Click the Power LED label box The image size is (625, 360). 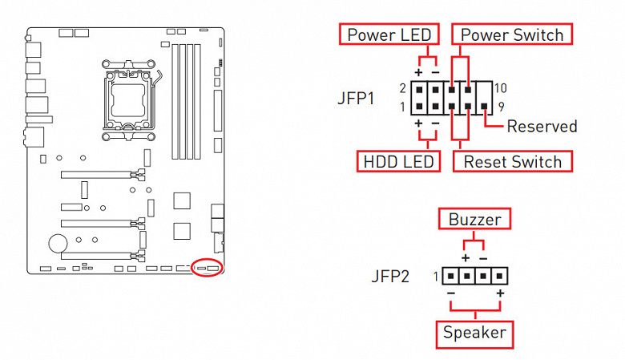pyautogui.click(x=389, y=35)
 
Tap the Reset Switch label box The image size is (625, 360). pyautogui.click(x=513, y=161)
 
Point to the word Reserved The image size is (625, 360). pyautogui.click(x=542, y=126)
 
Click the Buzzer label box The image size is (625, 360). pyautogui.click(x=474, y=219)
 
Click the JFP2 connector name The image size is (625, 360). pyautogui.click(x=390, y=277)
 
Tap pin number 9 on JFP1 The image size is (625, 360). pyautogui.click(x=500, y=105)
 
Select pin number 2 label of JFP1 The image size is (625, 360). pyautogui.click(x=402, y=87)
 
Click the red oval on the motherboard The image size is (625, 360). pyautogui.click(x=208, y=266)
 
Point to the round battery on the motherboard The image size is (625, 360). pyautogui.click(x=56, y=241)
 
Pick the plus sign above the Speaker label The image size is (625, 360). pyautogui.click(x=501, y=295)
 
